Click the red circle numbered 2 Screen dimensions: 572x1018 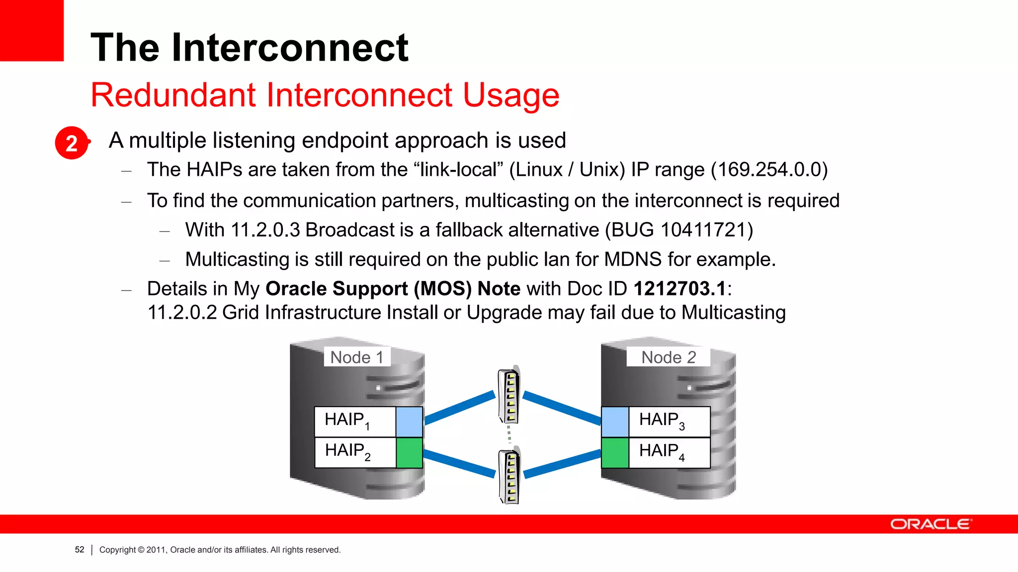pyautogui.click(x=72, y=143)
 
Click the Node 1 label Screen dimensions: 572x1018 pyautogui.click(x=357, y=357)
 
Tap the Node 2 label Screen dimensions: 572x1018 pyautogui.click(x=668, y=357)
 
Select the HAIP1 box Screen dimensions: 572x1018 pyautogui.click(x=355, y=422)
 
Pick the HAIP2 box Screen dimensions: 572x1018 pyautogui.click(x=355, y=452)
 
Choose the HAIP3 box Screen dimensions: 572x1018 pyautogui.click(x=669, y=422)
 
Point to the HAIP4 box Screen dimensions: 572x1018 pyautogui.click(x=669, y=452)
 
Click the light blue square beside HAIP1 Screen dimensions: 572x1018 pyautogui.click(x=409, y=422)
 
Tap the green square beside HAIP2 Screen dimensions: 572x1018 pyautogui.click(x=409, y=452)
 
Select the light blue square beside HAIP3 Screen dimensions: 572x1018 pyautogui.click(x=615, y=422)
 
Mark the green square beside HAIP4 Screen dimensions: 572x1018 pyautogui.click(x=615, y=452)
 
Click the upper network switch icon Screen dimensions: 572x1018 pyautogui.click(x=509, y=395)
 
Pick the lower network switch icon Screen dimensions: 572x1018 pyautogui.click(x=509, y=476)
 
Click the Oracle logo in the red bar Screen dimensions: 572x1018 pyautogui.click(x=931, y=524)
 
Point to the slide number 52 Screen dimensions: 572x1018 pyautogui.click(x=80, y=550)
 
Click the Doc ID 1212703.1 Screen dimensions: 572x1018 pyautogui.click(x=680, y=288)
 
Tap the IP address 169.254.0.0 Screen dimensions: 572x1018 pyautogui.click(x=769, y=170)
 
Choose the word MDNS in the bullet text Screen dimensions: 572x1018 pyautogui.click(x=632, y=259)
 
